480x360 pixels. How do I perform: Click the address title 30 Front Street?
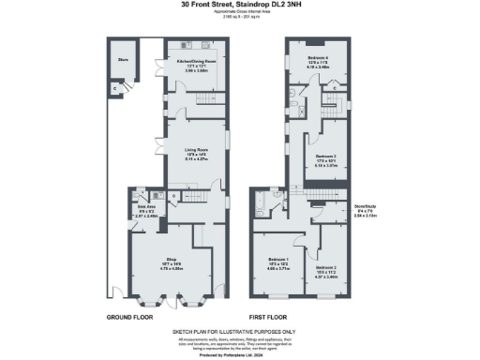[x=239, y=6]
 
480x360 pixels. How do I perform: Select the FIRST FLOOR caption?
[x=273, y=317]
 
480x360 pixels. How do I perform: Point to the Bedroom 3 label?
[x=325, y=156]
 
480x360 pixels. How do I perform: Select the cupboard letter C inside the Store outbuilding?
[x=115, y=88]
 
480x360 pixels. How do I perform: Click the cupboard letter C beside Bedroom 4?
[x=337, y=87]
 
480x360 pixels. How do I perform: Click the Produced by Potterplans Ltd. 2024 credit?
[x=239, y=352]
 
